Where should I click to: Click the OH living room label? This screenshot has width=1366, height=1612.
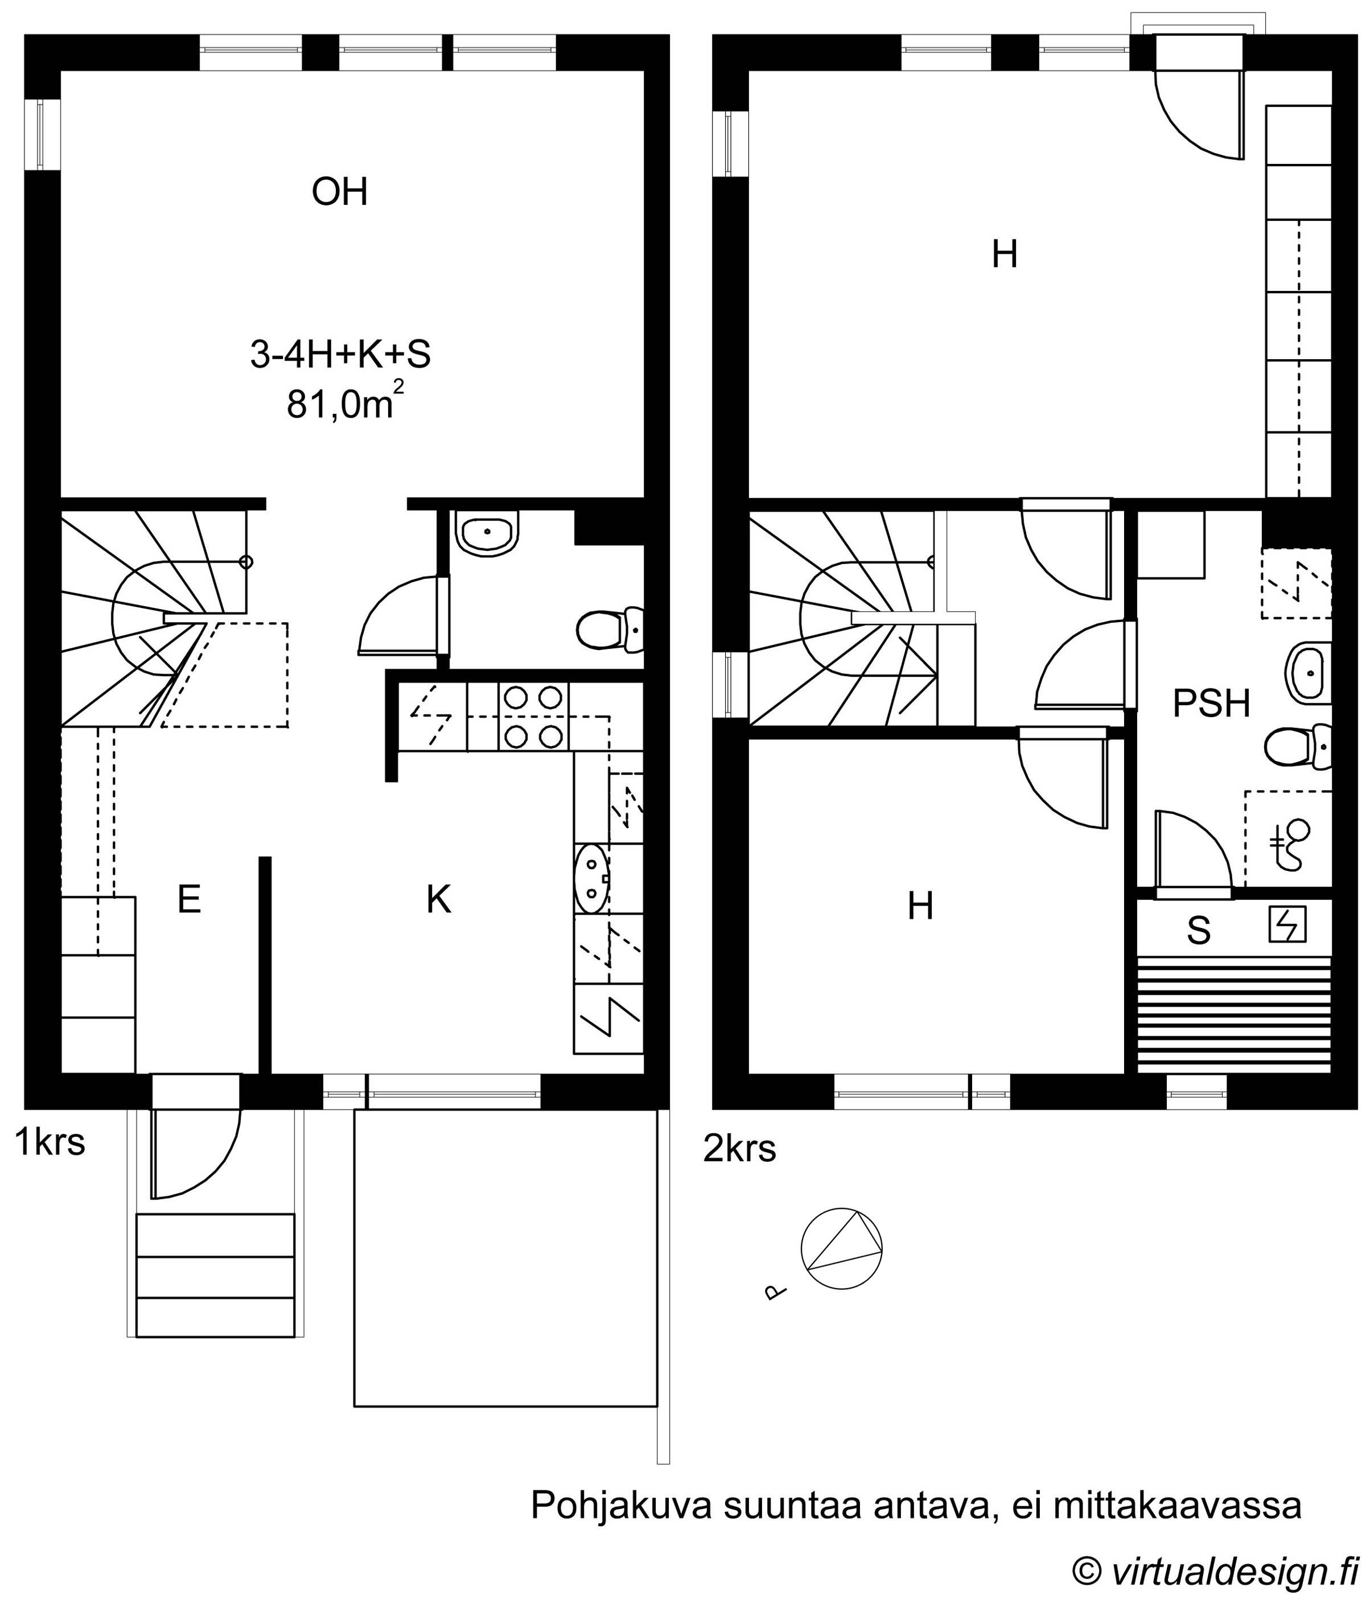pyautogui.click(x=339, y=191)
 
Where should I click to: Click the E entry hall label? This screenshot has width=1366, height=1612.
pyautogui.click(x=190, y=900)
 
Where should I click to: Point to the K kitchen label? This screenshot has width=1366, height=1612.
pyautogui.click(x=439, y=900)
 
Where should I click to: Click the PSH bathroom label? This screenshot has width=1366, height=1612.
pyautogui.click(x=1212, y=704)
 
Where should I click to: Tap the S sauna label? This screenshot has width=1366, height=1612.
pyautogui.click(x=1199, y=931)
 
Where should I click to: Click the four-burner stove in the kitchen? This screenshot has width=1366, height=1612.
pyautogui.click(x=533, y=717)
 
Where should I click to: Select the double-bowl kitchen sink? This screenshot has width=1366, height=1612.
pyautogui.click(x=593, y=879)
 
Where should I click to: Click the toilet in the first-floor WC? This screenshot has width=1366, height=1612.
pyautogui.click(x=610, y=630)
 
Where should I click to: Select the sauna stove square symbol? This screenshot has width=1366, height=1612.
pyautogui.click(x=1287, y=924)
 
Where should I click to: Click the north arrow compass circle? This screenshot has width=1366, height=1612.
pyautogui.click(x=841, y=1249)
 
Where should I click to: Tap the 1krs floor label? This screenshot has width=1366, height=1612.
pyautogui.click(x=50, y=1141)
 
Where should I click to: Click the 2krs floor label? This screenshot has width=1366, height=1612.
pyautogui.click(x=739, y=1149)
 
